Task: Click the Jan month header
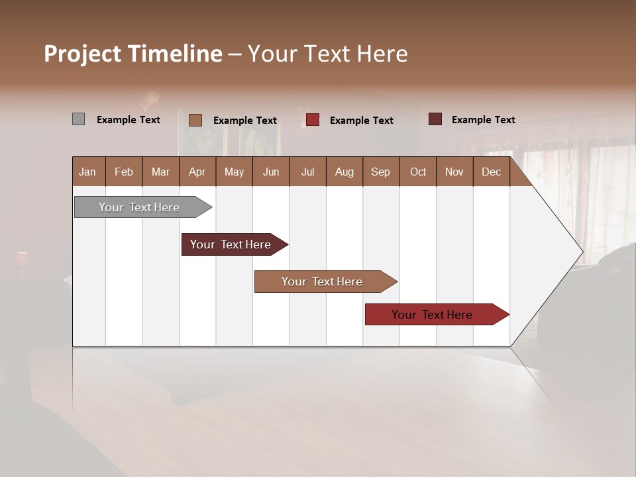[x=88, y=172]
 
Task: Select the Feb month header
[x=124, y=172]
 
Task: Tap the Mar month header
[x=160, y=172]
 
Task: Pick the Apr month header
[x=197, y=172]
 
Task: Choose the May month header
[x=234, y=172]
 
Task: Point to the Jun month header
[x=271, y=172]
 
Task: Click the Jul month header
[x=307, y=172]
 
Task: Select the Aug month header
[x=344, y=172]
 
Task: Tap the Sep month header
[x=381, y=172]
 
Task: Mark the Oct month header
[x=418, y=172]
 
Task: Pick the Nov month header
[x=454, y=172]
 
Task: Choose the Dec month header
[x=492, y=172]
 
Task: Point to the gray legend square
[x=78, y=119]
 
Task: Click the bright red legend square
[x=313, y=120]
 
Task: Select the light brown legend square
[x=195, y=120]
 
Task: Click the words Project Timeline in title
[x=133, y=54]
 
